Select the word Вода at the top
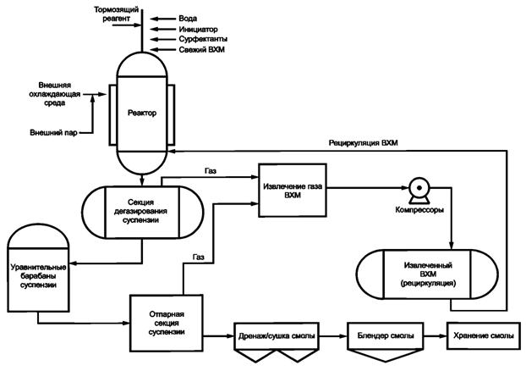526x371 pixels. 189,17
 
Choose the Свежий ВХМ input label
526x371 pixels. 203,50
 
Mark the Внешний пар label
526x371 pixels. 53,132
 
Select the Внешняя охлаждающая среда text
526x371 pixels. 58,93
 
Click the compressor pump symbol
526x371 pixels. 415,189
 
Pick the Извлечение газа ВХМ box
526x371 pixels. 293,189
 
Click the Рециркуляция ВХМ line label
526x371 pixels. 370,143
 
